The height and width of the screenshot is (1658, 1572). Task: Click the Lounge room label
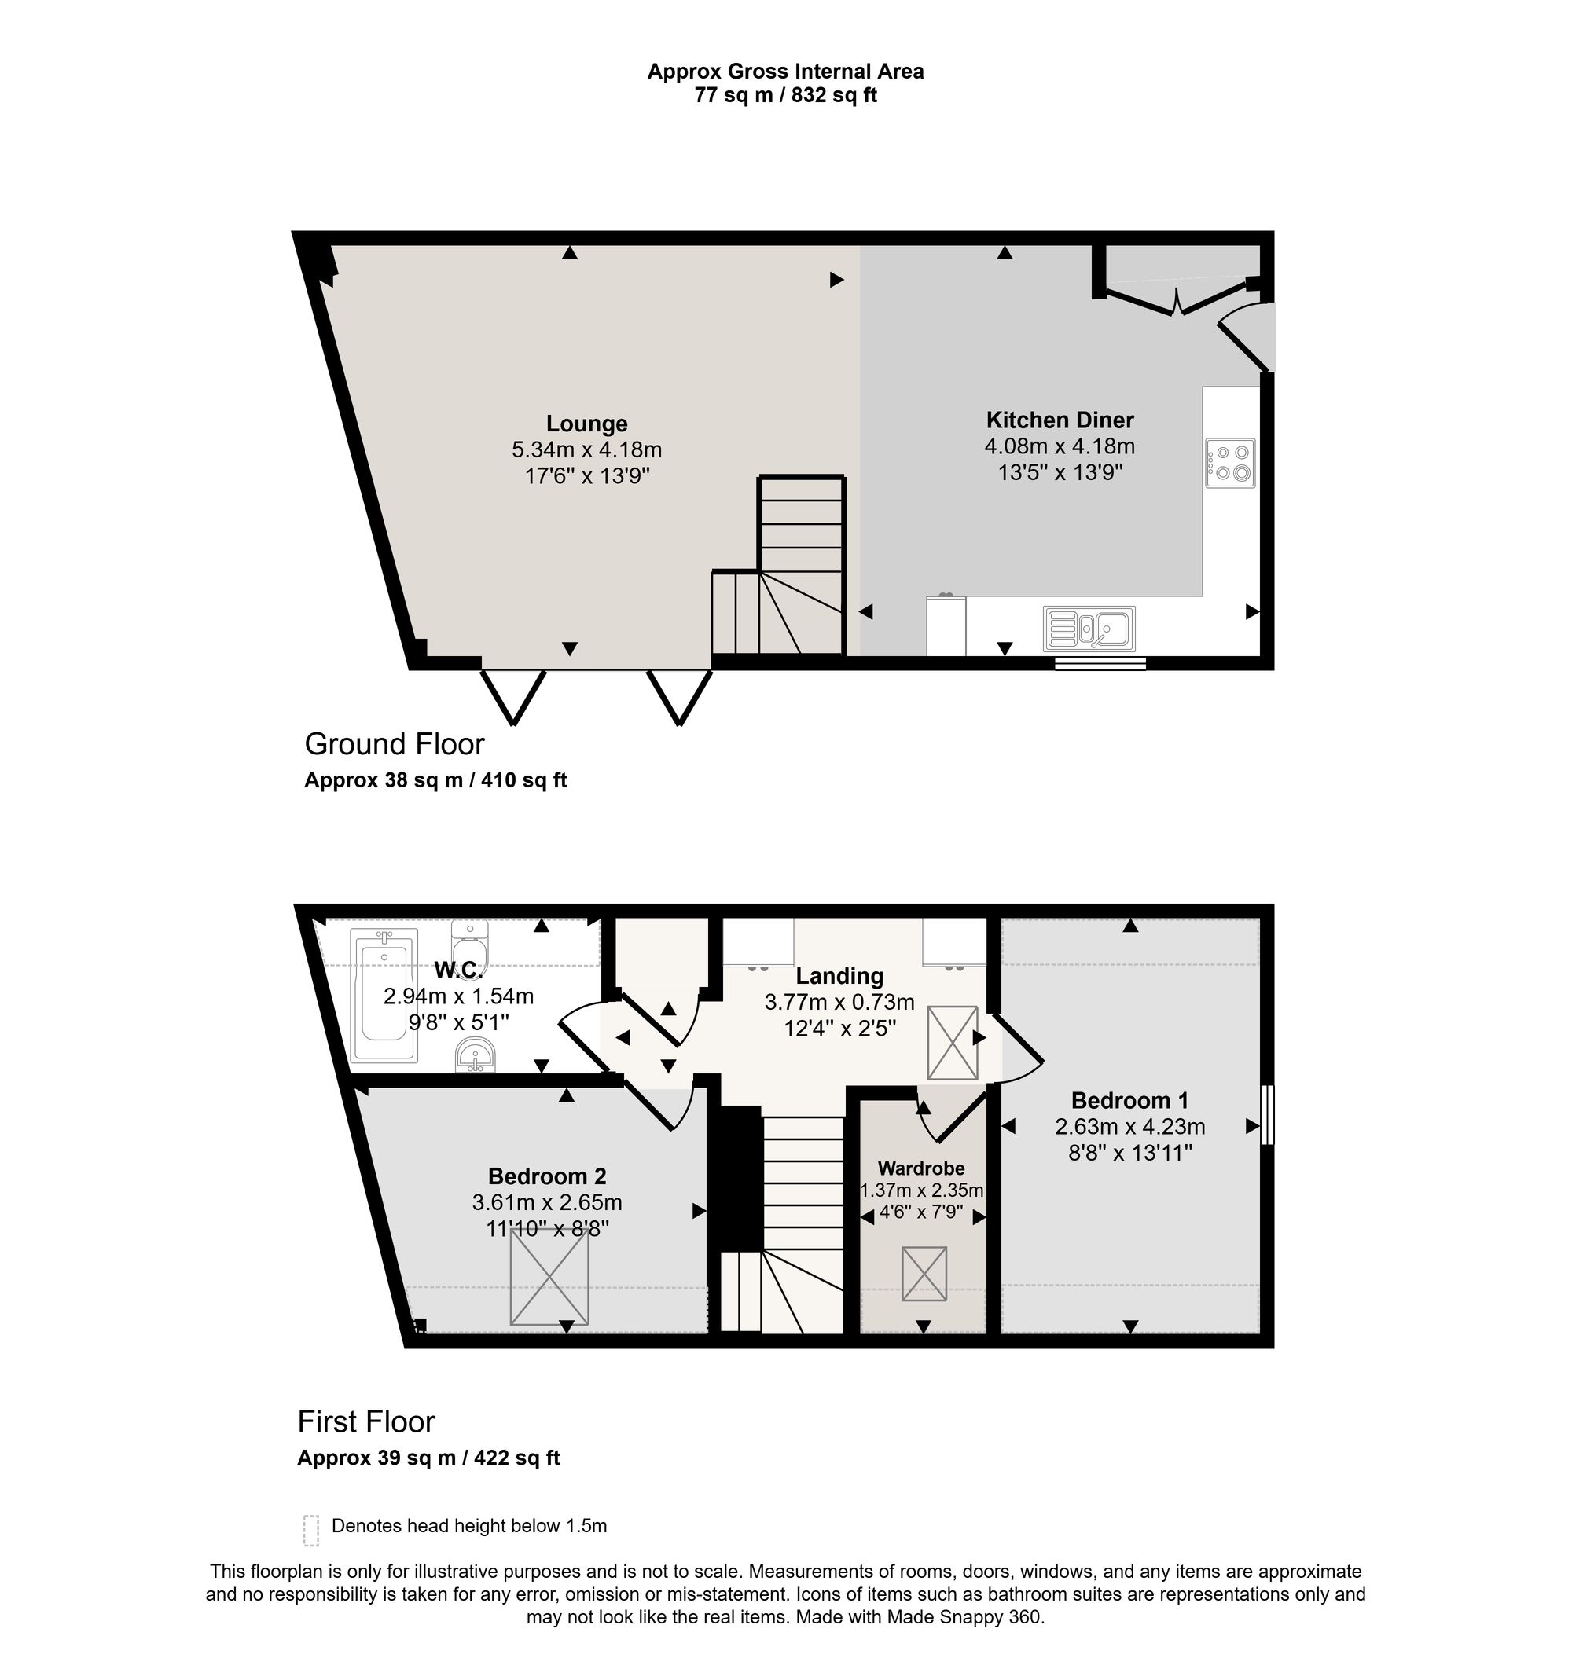(x=586, y=424)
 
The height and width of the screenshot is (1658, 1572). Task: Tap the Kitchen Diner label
(x=1060, y=420)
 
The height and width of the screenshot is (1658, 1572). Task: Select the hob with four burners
(x=1230, y=463)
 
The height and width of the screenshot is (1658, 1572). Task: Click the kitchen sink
(x=1089, y=629)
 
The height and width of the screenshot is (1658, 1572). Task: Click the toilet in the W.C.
(x=469, y=945)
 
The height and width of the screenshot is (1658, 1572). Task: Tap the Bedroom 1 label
(x=1129, y=1100)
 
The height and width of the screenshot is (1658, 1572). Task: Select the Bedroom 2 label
(x=547, y=1176)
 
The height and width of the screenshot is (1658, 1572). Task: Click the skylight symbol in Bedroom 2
(x=549, y=1278)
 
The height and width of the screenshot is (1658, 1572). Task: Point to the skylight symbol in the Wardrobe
(x=924, y=1274)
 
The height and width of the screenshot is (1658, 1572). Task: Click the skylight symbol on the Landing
(x=953, y=1043)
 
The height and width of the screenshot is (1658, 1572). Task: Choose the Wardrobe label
(x=921, y=1168)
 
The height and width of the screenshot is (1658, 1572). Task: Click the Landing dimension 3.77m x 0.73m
(x=839, y=1002)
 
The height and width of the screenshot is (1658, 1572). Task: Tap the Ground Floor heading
(x=395, y=744)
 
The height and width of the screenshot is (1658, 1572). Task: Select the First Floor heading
(x=366, y=1421)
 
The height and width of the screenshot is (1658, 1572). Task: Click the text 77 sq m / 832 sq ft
(x=785, y=96)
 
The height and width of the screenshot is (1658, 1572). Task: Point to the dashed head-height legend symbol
(x=312, y=1530)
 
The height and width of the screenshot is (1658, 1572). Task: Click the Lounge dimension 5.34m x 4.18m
(x=586, y=450)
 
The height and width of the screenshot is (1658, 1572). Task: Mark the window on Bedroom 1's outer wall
(x=1268, y=1115)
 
